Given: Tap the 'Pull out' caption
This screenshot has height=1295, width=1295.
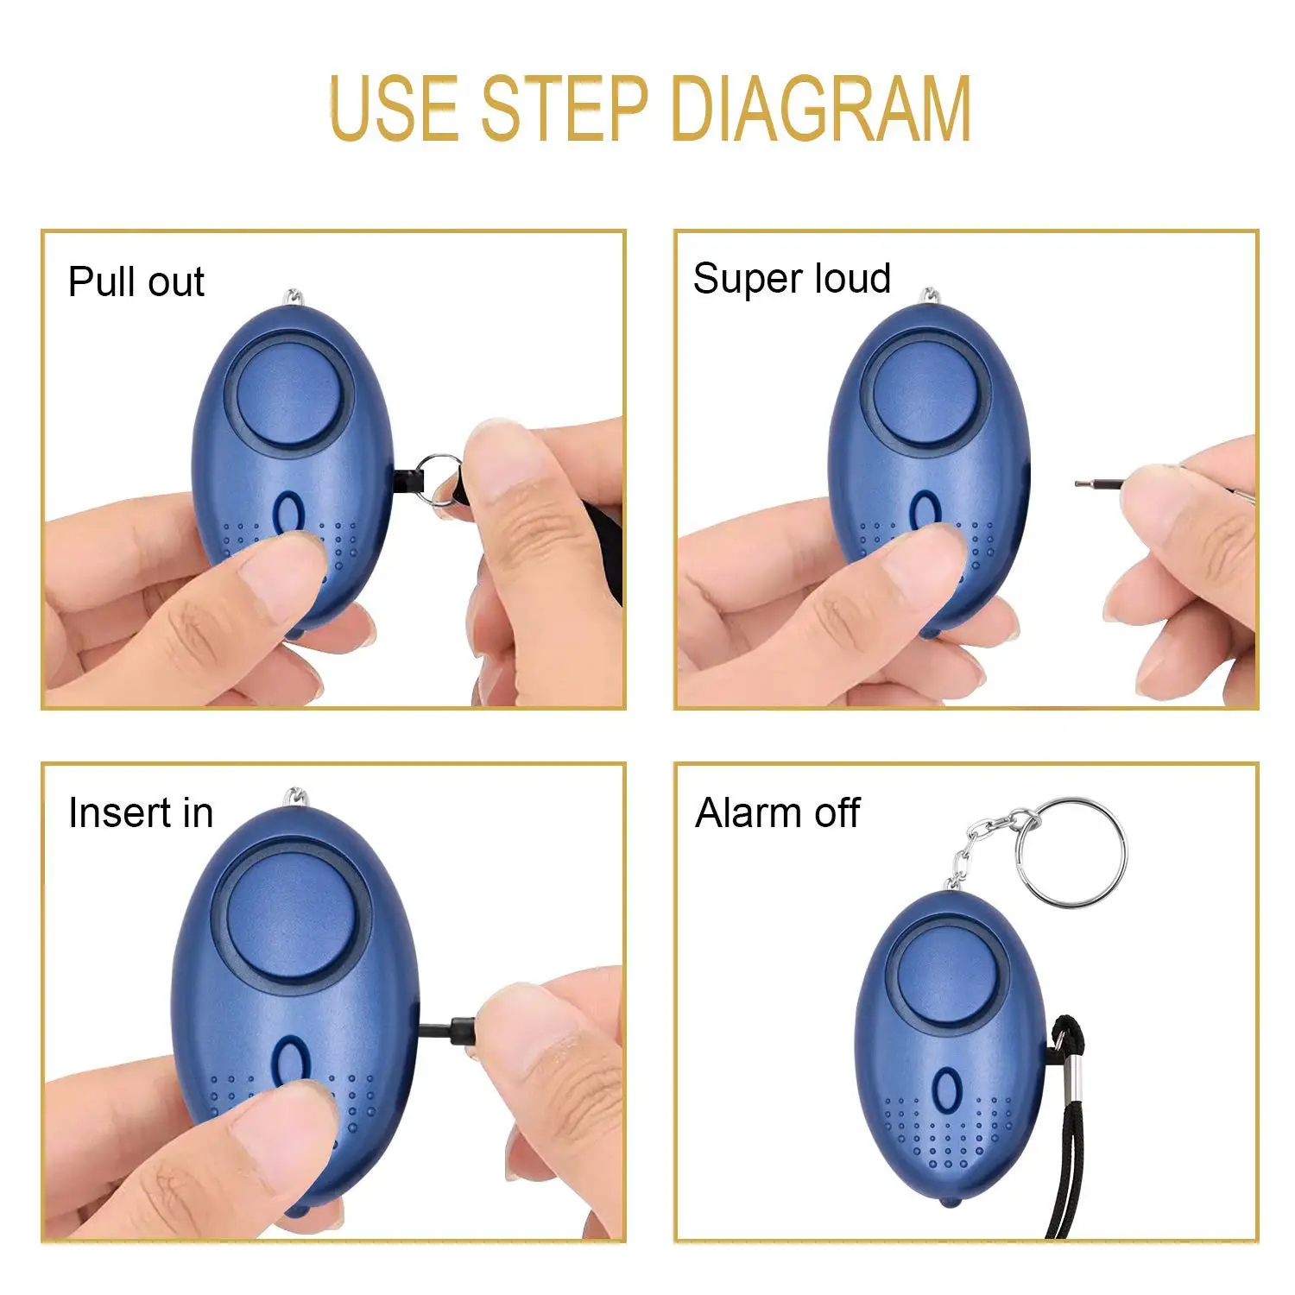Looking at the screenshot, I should [x=136, y=282].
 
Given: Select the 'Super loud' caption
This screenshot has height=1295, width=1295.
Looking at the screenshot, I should [x=791, y=279].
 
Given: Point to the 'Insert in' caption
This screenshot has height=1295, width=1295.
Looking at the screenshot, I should [x=140, y=813].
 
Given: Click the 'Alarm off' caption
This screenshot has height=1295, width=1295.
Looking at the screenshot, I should [x=777, y=813].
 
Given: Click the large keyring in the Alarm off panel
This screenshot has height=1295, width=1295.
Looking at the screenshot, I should [x=1071, y=851].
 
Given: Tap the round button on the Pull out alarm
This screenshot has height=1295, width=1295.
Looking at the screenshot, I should [x=291, y=394].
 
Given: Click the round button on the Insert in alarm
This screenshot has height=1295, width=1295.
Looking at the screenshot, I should [x=291, y=917].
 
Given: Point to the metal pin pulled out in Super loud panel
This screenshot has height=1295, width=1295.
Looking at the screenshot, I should [x=1101, y=483].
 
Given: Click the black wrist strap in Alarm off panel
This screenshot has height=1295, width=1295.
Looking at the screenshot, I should [x=1066, y=1157].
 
